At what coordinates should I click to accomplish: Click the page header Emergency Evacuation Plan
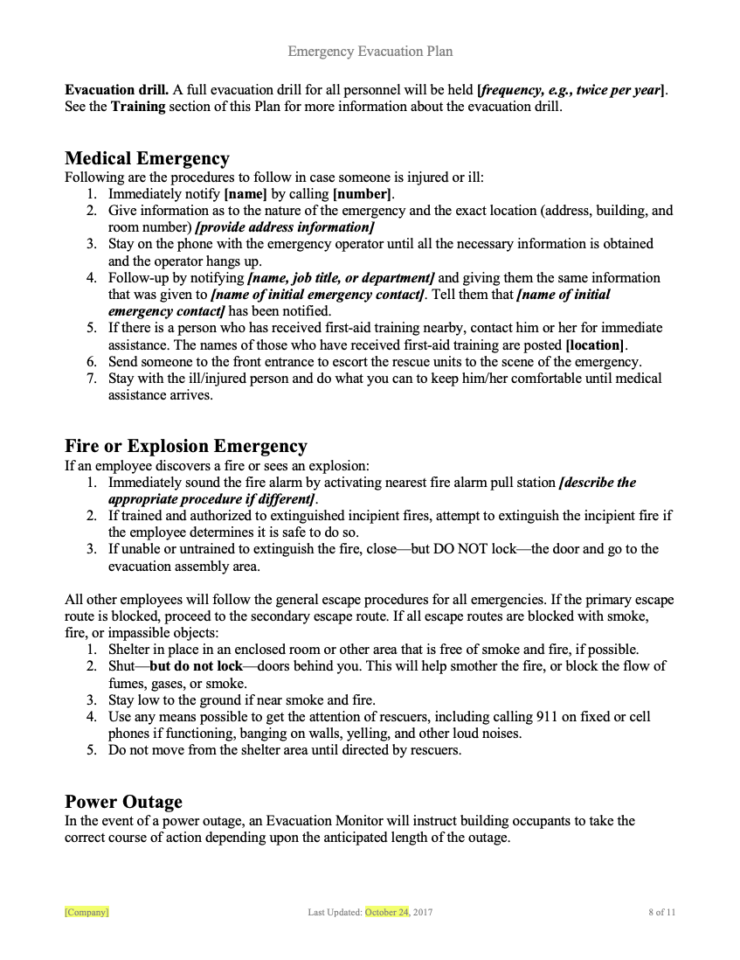[370, 52]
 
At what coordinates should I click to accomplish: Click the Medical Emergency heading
[147, 158]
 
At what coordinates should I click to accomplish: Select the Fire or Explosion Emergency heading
[185, 447]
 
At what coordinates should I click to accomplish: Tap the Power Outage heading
[123, 802]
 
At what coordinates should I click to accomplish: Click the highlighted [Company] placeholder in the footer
[86, 912]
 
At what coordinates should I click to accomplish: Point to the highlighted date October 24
[387, 912]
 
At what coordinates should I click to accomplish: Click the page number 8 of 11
[661, 912]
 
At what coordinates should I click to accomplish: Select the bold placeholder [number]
[362, 194]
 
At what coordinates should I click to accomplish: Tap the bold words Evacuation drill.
[116, 90]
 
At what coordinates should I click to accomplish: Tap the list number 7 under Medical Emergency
[91, 379]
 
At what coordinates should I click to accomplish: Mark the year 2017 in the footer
[423, 912]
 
